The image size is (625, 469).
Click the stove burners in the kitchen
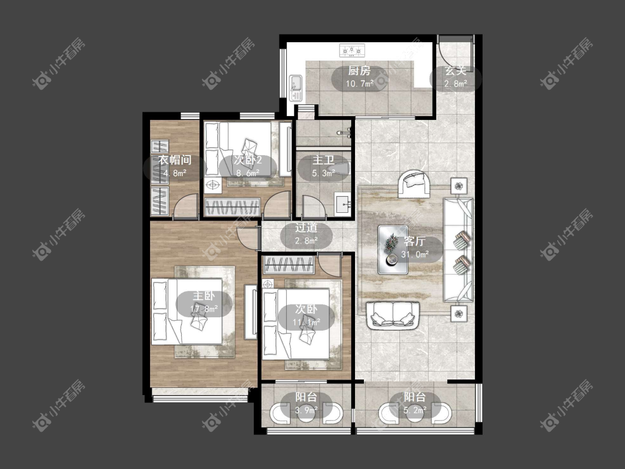[352, 51]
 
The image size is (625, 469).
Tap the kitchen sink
[296, 88]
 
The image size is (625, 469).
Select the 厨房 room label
[359, 71]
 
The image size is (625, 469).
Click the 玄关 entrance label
[456, 71]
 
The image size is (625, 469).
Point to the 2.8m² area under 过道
[306, 241]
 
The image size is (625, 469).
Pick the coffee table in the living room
[393, 250]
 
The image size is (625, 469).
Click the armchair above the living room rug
[414, 183]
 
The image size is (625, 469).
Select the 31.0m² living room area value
[415, 254]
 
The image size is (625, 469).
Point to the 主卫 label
[323, 161]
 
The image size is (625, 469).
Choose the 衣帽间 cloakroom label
[175, 161]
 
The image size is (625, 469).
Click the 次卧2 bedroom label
[248, 161]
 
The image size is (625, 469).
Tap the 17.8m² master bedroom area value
[204, 308]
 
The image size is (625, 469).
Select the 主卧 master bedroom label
[204, 296]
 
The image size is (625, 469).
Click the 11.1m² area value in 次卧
[307, 322]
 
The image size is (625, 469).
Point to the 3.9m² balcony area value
[306, 410]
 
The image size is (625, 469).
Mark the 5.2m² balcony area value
[415, 410]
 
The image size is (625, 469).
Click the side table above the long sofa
[459, 186]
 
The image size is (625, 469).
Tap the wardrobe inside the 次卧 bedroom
[289, 265]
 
